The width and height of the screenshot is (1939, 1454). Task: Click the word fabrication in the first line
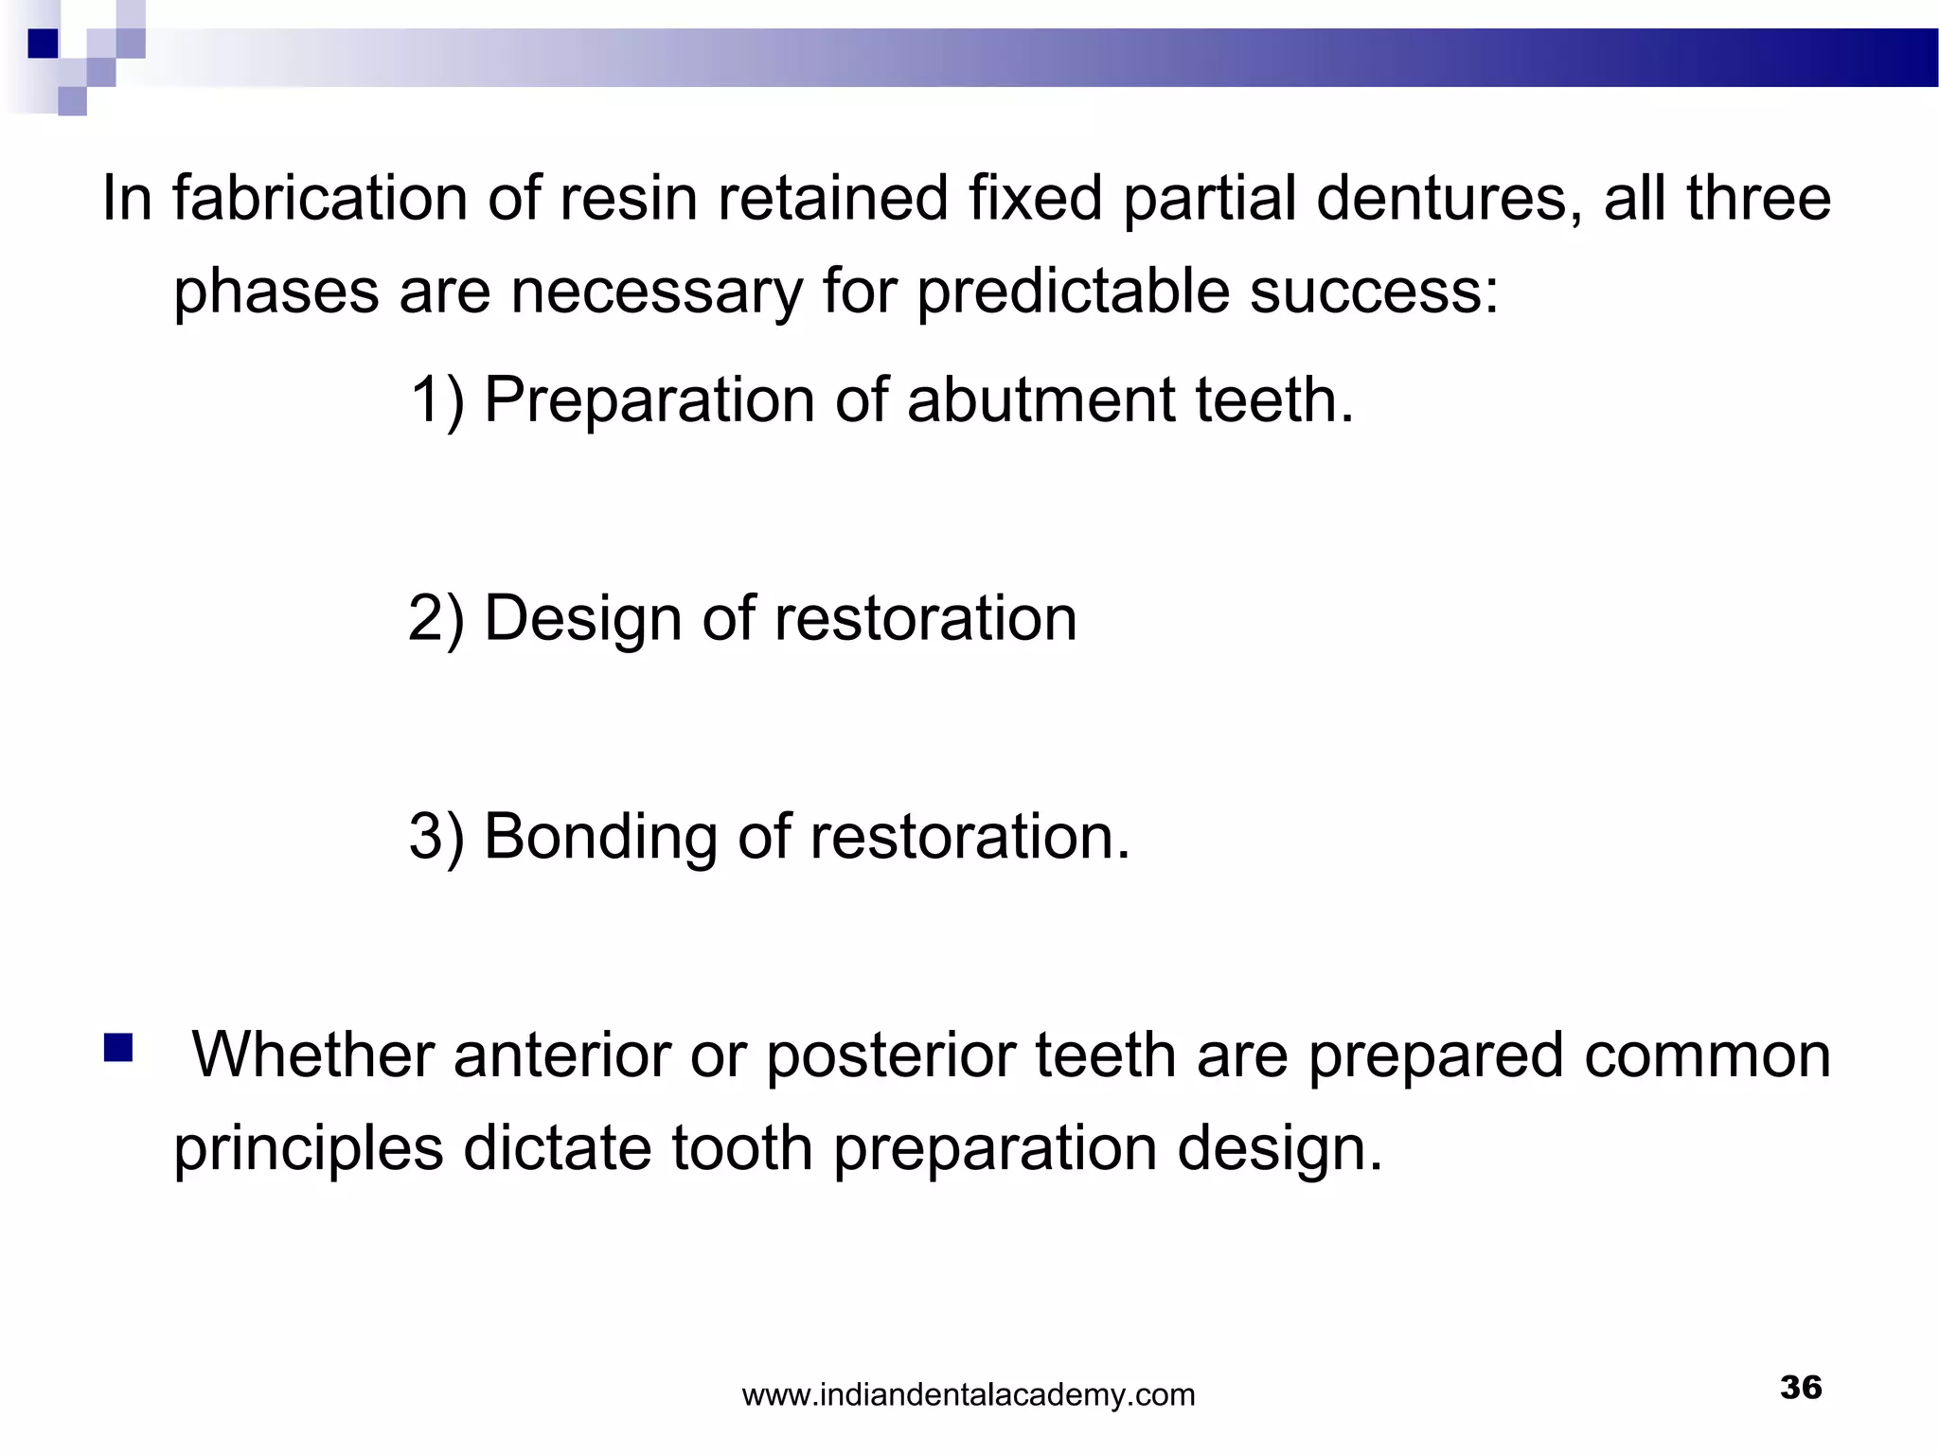tap(319, 199)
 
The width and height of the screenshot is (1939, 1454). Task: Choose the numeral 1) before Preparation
tap(436, 400)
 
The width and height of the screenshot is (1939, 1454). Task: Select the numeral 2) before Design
tap(436, 619)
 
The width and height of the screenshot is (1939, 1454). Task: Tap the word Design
tap(582, 619)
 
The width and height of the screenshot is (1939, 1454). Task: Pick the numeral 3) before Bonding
tap(436, 838)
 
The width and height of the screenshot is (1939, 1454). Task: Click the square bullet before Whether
tap(118, 1048)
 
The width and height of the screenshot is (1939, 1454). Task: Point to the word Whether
tap(312, 1055)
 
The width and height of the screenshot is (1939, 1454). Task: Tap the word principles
tap(309, 1149)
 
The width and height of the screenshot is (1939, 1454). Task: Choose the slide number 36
tap(1800, 1388)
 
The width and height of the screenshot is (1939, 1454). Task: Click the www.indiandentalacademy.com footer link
tap(968, 1395)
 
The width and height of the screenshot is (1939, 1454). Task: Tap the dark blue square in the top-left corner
tap(43, 44)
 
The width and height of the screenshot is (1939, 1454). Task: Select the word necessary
tap(656, 291)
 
